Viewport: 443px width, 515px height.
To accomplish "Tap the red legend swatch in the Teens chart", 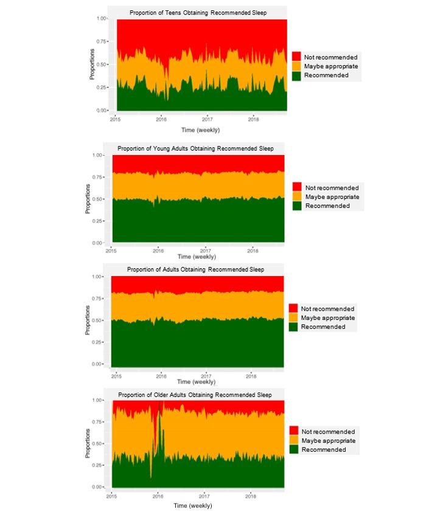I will tap(297, 57).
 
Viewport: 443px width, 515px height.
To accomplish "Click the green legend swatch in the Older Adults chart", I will tap(293, 449).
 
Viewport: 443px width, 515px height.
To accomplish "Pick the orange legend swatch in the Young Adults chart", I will tap(298, 197).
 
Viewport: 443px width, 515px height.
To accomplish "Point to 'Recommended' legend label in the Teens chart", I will tap(327, 75).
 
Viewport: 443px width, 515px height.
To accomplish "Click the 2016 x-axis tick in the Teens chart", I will tap(161, 119).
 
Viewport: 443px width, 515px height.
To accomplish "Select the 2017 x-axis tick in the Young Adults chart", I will tap(206, 251).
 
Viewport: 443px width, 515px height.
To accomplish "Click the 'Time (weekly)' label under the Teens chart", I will tap(200, 130).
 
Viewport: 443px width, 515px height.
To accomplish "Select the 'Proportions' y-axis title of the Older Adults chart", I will tap(88, 444).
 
